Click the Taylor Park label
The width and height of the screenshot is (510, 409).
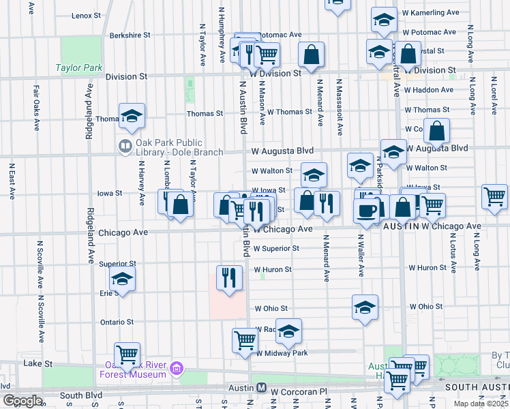(79, 68)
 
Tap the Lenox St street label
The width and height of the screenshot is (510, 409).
(85, 15)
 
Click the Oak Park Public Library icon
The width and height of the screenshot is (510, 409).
(125, 145)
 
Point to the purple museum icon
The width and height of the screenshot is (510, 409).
(177, 369)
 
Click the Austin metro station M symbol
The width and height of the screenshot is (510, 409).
(261, 387)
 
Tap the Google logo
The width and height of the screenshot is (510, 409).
(22, 401)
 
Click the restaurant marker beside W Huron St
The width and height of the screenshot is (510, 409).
(229, 277)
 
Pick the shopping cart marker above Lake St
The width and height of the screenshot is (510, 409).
(127, 354)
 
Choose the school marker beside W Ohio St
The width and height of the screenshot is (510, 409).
(365, 307)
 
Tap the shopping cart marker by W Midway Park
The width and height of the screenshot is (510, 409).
(245, 340)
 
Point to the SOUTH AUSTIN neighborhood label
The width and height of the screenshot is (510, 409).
(475, 387)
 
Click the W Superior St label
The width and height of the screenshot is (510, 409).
(276, 249)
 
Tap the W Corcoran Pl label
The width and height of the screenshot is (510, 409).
(299, 392)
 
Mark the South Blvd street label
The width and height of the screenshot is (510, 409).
(81, 395)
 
